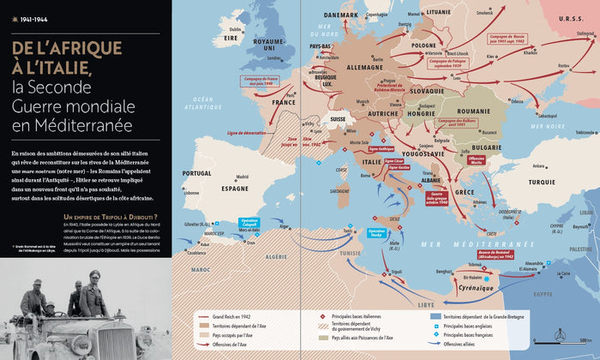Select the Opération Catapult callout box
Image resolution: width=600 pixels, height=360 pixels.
[249, 222]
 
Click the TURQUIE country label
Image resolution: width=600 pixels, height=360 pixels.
[542, 182]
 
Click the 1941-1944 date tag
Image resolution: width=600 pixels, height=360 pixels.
[28, 16]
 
